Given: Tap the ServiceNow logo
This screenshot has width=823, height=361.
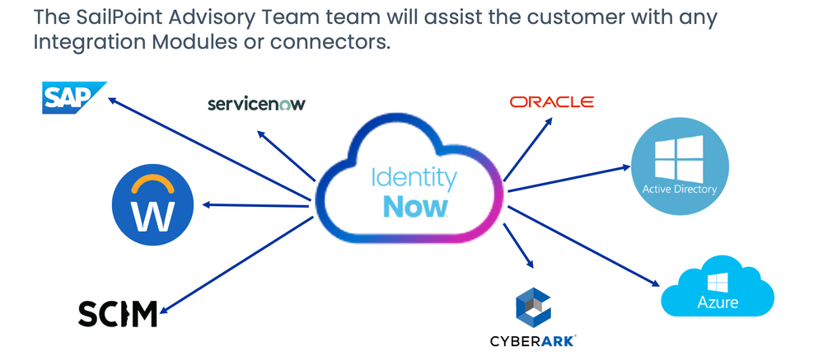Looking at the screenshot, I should pos(256,104).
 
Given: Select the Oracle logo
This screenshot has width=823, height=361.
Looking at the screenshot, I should pos(551,102).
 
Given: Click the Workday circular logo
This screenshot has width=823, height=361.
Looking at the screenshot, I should pos(153,206).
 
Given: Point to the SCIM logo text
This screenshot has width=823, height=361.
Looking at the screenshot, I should pos(117,313).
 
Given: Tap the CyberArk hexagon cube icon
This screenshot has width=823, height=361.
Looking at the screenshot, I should pos(534,307).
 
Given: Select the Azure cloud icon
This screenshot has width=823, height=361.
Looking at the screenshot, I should pos(718,290).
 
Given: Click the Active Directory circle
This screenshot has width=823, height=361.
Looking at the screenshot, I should pos(680,165).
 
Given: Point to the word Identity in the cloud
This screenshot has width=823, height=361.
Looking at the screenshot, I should pos(414,177).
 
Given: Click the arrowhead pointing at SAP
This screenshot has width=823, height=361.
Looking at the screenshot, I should pos(114,101).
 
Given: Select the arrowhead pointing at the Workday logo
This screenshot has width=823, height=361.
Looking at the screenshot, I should pos(206,205).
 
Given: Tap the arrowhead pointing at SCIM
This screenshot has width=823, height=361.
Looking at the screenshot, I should pos(161,311).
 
